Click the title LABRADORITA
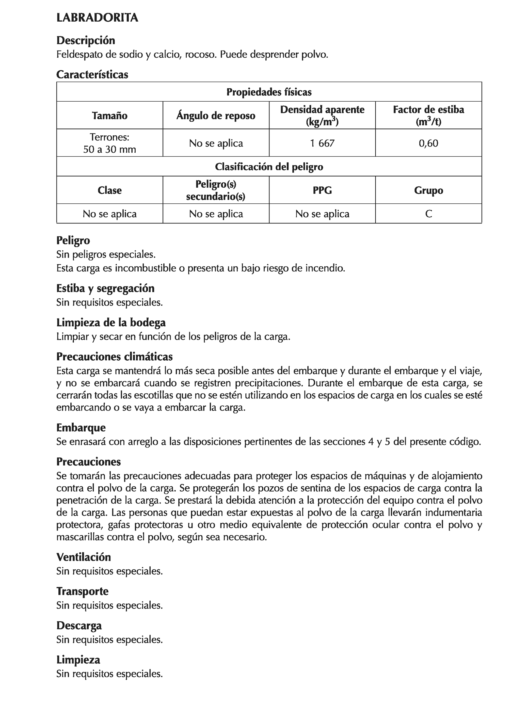click(97, 18)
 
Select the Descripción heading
click(85, 40)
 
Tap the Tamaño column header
click(110, 115)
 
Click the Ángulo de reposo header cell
click(216, 115)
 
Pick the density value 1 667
click(322, 143)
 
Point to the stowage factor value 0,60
click(428, 143)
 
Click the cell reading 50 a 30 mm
click(110, 149)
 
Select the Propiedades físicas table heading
click(269, 92)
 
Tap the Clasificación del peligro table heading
click(269, 167)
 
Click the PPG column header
click(322, 190)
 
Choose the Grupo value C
click(428, 214)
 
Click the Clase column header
click(110, 190)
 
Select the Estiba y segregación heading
click(105, 288)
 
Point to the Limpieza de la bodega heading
click(111, 323)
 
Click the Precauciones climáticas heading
click(115, 356)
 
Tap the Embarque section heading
click(81, 427)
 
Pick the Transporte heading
click(82, 591)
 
